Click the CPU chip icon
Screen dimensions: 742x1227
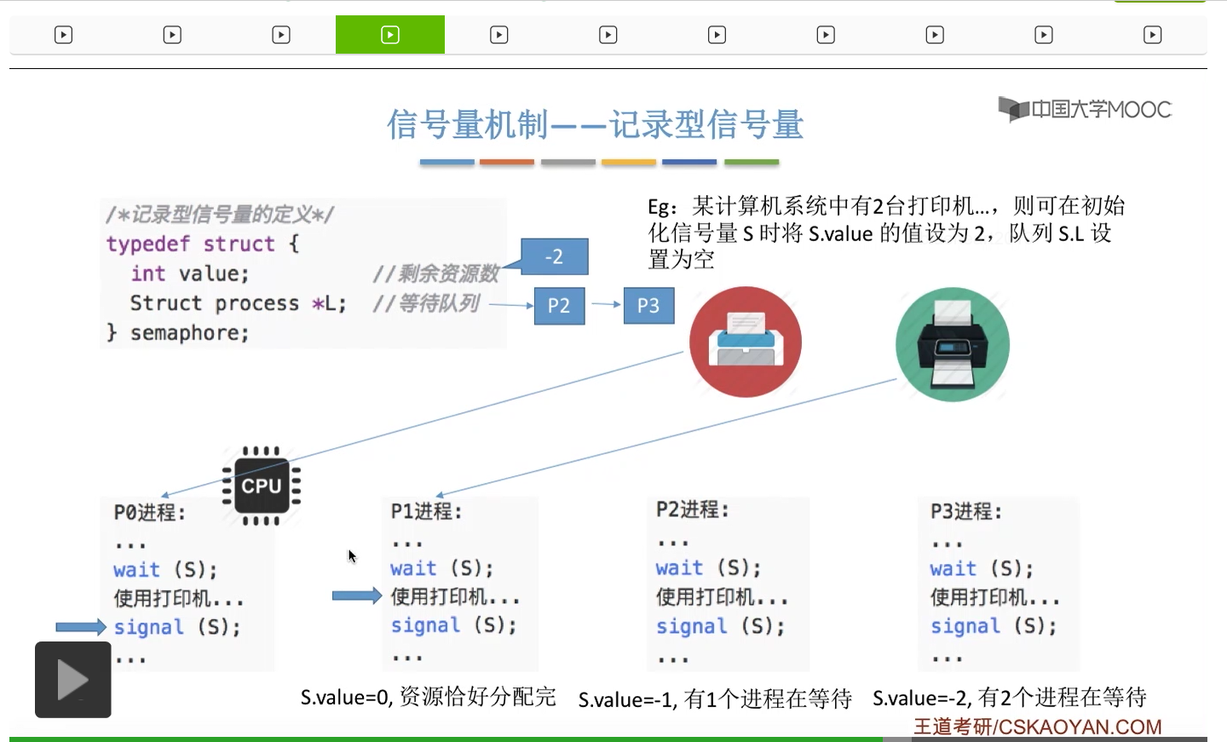tap(261, 486)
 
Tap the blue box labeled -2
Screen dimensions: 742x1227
tap(554, 256)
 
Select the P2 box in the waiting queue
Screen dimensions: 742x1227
tap(559, 306)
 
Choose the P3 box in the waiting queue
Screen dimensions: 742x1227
tap(648, 306)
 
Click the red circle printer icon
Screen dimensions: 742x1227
tap(746, 342)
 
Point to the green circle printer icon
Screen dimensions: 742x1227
tap(952, 344)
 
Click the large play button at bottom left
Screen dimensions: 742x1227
tap(73, 680)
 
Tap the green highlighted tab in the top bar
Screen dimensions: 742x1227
tap(390, 35)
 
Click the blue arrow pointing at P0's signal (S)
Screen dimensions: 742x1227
tap(81, 627)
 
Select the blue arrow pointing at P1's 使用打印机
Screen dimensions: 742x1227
tap(356, 595)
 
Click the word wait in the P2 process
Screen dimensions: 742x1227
tap(679, 568)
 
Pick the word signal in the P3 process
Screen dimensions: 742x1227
tap(965, 626)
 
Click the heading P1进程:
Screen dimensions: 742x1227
tap(426, 511)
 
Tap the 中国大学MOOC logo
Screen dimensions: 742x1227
tap(1086, 109)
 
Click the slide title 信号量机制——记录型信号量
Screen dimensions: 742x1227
tap(596, 124)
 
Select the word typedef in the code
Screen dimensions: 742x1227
tap(147, 244)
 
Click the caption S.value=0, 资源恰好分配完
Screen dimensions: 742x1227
tap(428, 698)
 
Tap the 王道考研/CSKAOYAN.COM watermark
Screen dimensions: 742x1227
tap(1037, 727)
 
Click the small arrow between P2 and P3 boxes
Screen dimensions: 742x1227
tap(605, 304)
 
